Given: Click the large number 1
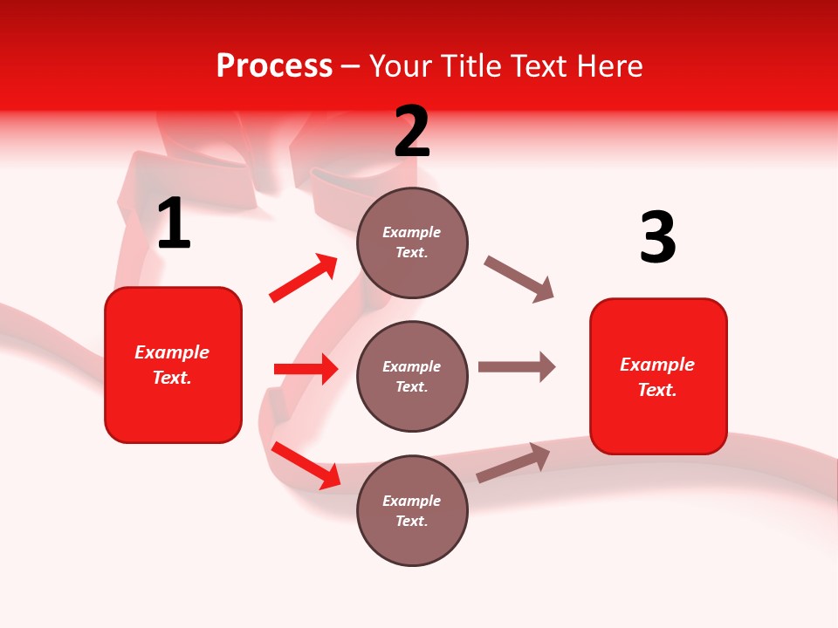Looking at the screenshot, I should (174, 224).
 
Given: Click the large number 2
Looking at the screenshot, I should (412, 132).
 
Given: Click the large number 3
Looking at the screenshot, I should (657, 237).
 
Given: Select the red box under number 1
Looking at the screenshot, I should (173, 365).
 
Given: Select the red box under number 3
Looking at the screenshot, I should (658, 376).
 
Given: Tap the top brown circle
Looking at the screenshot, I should (412, 242).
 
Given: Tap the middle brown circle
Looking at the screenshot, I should (412, 376).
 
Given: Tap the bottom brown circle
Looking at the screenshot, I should (412, 510).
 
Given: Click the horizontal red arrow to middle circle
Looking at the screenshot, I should (306, 369).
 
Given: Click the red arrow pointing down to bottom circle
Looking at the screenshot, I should (306, 465).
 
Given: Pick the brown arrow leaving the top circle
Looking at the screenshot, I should (519, 279).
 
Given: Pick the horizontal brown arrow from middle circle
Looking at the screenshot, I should (517, 366).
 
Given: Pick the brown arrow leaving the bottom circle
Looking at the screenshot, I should (513, 462).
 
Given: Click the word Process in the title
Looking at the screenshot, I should (274, 65).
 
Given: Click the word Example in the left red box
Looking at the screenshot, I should (172, 352).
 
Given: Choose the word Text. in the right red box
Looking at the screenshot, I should (657, 390).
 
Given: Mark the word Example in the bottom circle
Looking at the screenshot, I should (412, 501).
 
